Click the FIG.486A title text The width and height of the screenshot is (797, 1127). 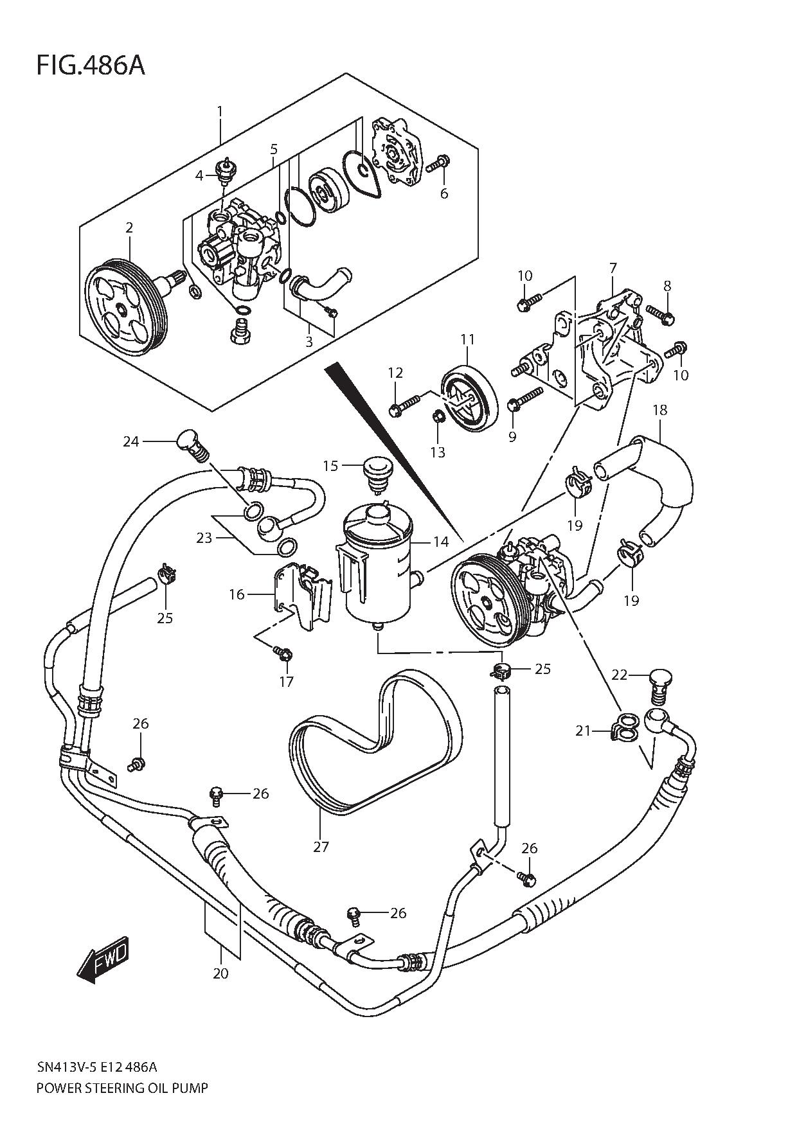[90, 66]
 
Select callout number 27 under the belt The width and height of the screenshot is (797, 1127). [321, 847]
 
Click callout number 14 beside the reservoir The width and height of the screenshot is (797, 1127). [440, 542]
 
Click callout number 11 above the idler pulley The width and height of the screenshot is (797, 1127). [467, 339]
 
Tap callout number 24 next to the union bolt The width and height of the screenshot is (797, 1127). [131, 441]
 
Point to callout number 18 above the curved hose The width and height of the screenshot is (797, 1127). [659, 410]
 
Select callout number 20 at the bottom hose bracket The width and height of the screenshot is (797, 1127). [220, 973]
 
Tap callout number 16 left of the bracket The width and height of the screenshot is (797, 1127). [237, 594]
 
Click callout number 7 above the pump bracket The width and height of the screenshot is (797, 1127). [613, 267]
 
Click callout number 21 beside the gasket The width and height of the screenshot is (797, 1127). [582, 731]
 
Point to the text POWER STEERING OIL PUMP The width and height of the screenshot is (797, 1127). [122, 1088]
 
